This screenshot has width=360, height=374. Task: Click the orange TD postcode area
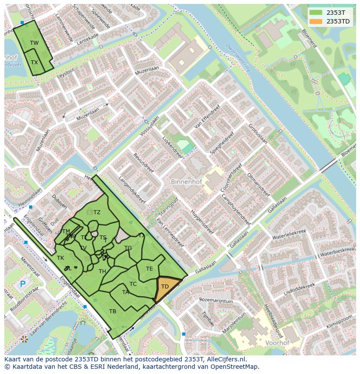[166, 288]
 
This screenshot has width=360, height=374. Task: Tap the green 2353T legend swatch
[316, 13]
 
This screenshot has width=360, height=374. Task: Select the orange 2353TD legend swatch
[316, 21]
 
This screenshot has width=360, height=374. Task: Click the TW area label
[34, 43]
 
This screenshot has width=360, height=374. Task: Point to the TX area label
[34, 62]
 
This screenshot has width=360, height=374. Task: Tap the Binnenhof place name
[186, 182]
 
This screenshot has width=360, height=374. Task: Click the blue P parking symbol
[23, 285]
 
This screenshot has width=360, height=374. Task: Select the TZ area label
[97, 212]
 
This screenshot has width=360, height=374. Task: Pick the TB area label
[113, 311]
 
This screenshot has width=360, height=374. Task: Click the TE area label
[149, 268]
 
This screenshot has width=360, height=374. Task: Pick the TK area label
[60, 258]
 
